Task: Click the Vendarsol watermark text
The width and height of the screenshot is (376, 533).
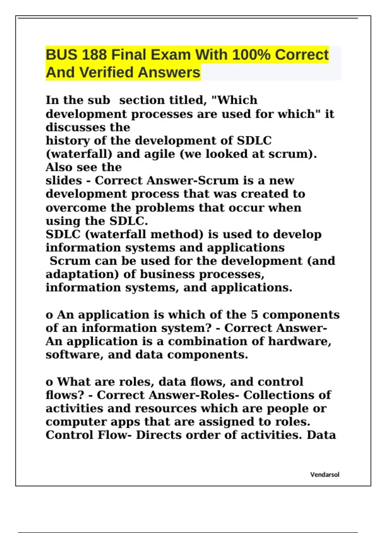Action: click(325, 475)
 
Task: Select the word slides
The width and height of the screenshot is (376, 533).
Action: click(64, 181)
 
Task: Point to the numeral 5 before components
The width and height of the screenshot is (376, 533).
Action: click(254, 314)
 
